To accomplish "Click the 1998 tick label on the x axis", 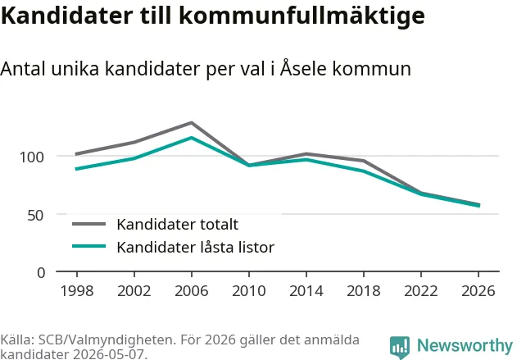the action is pyautogui.click(x=77, y=291).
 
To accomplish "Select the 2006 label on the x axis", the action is pyautogui.click(x=192, y=291).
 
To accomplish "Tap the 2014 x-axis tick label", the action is pyautogui.click(x=306, y=291).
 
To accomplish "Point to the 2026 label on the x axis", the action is pyautogui.click(x=478, y=291).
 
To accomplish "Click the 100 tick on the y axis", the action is pyautogui.click(x=32, y=157).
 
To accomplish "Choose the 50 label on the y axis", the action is pyautogui.click(x=35, y=216).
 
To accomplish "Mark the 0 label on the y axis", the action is pyautogui.click(x=41, y=273).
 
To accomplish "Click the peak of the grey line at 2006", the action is pyautogui.click(x=192, y=123).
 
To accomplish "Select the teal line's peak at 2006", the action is pyautogui.click(x=192, y=138).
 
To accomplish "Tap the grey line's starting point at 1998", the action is pyautogui.click(x=76, y=154).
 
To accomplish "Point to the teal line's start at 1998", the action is pyautogui.click(x=76, y=169).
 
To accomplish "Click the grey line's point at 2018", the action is pyautogui.click(x=364, y=161).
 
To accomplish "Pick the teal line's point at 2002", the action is pyautogui.click(x=134, y=159).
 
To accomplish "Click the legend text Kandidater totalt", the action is pyautogui.click(x=178, y=225).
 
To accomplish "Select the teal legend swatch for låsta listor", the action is pyautogui.click(x=89, y=246).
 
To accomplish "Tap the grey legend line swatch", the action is pyautogui.click(x=89, y=224).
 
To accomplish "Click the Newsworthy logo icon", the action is pyautogui.click(x=400, y=348).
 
